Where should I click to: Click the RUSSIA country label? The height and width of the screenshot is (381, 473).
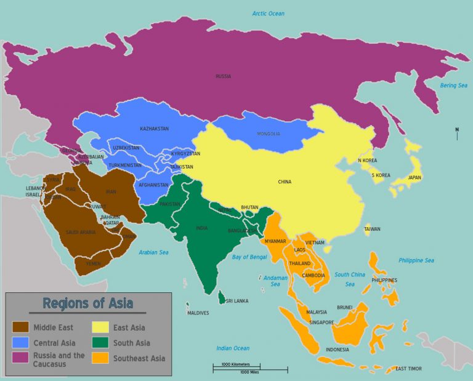[x=223, y=76]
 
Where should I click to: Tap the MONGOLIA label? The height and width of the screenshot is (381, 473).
[x=268, y=134]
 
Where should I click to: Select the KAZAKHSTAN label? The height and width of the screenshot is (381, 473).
[x=154, y=129]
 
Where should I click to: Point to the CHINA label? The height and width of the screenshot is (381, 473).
[x=285, y=182]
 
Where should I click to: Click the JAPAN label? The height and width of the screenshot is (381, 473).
[x=414, y=178]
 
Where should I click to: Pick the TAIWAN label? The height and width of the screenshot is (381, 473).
[x=372, y=230]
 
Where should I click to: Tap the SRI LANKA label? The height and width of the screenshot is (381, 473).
[x=237, y=301]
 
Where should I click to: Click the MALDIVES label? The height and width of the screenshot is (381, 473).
[x=198, y=313]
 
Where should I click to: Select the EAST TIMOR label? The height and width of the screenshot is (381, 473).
[x=408, y=369]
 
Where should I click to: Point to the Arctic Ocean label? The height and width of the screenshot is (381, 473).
[x=269, y=14]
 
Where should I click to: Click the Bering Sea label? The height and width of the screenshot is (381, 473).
[x=453, y=86]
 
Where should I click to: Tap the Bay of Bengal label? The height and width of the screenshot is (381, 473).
[x=249, y=256]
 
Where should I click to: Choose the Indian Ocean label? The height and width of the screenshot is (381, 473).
[x=233, y=348]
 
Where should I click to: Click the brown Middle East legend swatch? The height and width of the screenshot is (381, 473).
[x=20, y=327]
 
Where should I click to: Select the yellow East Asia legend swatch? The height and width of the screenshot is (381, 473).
[x=100, y=327]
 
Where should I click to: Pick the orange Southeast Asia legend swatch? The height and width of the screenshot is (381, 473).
[x=100, y=358]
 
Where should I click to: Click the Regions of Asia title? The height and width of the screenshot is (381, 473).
[x=87, y=303]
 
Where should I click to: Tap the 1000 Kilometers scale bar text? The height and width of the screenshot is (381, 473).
[x=235, y=364]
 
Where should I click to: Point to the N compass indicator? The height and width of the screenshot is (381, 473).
[x=456, y=130]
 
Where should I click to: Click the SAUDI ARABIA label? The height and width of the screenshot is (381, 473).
[x=81, y=232]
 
